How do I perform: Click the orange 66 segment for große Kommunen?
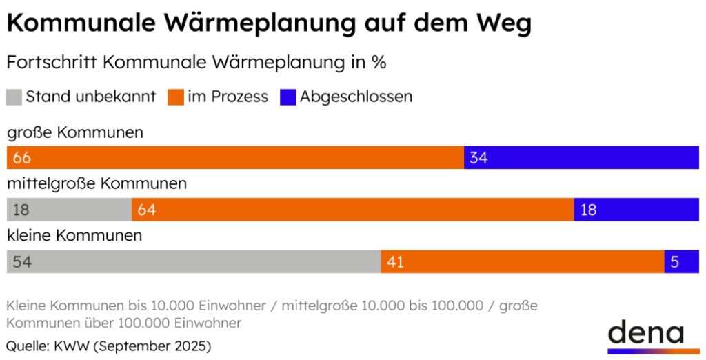235,157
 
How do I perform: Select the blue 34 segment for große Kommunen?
581,157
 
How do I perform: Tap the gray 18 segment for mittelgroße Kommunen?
69,210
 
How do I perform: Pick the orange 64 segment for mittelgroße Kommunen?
352,210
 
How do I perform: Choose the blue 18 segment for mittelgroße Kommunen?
636,210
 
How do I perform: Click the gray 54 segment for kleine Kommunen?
193,262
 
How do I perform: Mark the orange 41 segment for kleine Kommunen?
522,262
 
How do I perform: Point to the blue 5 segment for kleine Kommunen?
681,262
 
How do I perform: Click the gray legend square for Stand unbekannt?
14,97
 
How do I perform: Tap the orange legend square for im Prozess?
175,97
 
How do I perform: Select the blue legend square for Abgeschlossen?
288,97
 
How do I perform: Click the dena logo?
645,335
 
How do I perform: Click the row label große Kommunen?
75,132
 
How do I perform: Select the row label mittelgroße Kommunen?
97,184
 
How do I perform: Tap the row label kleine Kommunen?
74,236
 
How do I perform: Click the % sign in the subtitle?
379,62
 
